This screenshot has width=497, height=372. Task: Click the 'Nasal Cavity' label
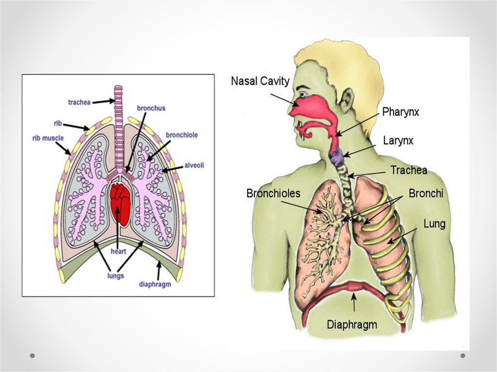(260, 81)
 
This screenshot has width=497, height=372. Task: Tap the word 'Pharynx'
(400, 112)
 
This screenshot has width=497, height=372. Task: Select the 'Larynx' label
(398, 141)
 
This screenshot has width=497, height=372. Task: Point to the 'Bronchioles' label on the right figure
(273, 193)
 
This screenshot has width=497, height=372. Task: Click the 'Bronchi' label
(426, 194)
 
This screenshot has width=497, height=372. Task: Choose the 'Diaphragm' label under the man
(352, 324)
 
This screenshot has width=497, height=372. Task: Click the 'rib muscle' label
(45, 138)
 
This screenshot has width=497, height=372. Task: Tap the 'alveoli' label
(194, 165)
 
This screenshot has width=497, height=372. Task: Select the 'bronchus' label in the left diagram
(151, 108)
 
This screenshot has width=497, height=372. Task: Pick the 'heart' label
(118, 251)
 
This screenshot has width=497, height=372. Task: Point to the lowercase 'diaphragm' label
(155, 284)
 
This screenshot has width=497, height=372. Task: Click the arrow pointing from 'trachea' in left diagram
(102, 101)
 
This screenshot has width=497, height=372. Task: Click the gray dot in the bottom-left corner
(33, 356)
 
